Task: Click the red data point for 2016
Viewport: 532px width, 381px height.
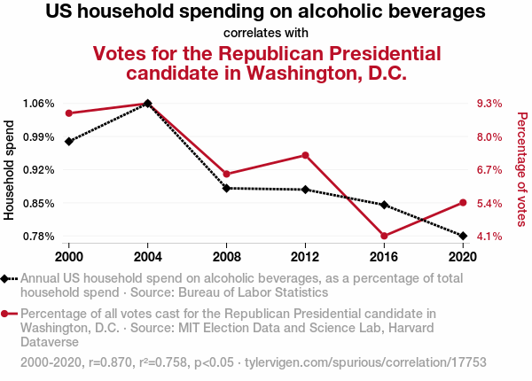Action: (384, 236)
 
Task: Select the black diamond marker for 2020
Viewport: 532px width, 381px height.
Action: (462, 236)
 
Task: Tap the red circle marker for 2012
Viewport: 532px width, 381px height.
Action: (305, 155)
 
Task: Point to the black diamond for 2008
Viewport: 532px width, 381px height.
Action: (227, 188)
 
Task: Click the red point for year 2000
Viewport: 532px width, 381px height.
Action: (68, 113)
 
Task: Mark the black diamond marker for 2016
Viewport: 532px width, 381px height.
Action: (384, 205)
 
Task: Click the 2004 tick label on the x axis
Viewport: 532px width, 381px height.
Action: (147, 258)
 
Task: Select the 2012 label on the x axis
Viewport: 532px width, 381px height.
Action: (305, 258)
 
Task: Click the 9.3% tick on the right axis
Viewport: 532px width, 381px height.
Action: (489, 104)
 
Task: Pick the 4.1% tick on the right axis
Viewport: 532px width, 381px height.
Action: (489, 237)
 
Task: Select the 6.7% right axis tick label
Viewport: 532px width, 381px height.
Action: (489, 170)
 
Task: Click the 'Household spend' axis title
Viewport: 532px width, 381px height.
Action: (11, 170)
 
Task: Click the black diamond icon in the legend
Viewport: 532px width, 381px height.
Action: (6, 278)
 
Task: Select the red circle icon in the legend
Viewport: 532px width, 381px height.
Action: (6, 314)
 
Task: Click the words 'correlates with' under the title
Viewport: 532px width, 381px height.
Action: (266, 34)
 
